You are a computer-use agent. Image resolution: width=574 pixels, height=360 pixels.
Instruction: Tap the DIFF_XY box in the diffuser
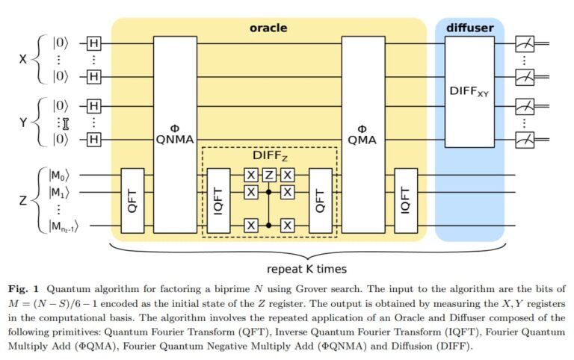469,91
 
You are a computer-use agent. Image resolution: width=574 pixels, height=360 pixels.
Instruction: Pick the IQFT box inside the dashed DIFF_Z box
219,200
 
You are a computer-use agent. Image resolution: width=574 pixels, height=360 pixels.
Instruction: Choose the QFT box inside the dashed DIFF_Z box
321,200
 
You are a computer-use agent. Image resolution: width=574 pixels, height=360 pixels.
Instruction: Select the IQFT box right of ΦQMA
406,200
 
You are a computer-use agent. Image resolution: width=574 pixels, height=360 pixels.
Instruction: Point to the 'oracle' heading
268,28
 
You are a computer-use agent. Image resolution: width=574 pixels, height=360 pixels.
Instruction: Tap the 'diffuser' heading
469,28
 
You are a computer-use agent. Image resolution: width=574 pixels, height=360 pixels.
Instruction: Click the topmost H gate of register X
93,44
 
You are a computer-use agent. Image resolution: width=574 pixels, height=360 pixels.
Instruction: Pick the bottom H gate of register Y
93,139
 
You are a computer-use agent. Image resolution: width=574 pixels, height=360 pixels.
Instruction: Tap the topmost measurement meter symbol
525,45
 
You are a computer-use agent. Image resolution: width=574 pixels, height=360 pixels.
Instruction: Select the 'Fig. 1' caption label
25,288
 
